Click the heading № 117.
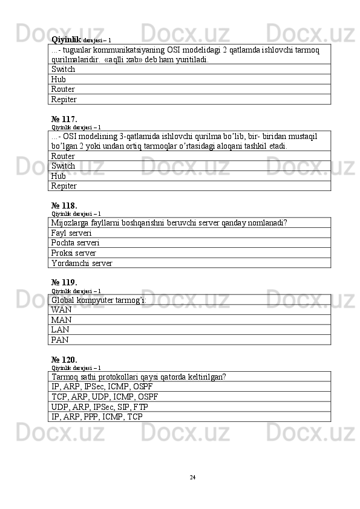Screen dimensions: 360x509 point(64,119)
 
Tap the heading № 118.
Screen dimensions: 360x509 point(64,205)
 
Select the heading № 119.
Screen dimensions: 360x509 point(64,282)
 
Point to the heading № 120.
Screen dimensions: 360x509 point(64,359)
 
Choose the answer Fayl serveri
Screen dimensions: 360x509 point(72,233)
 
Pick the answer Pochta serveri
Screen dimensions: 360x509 point(76,242)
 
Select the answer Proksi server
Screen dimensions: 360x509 point(74,253)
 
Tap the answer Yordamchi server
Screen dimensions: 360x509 point(82,263)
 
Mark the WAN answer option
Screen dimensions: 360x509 point(62,310)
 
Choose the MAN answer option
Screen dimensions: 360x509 point(62,320)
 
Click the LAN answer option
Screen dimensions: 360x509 point(61,329)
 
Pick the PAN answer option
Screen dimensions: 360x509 point(60,340)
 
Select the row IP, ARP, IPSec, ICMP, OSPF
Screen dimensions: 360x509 point(102,387)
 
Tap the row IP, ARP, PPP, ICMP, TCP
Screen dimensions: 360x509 point(97,417)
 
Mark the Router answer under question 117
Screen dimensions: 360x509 point(64,156)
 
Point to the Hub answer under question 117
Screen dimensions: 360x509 point(59,176)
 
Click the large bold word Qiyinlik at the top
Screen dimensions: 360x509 point(66,39)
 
